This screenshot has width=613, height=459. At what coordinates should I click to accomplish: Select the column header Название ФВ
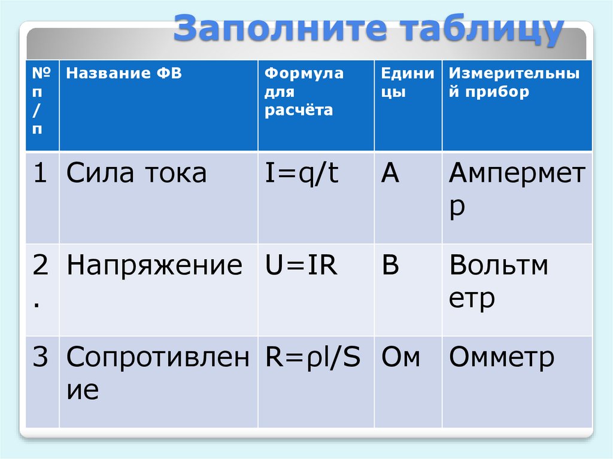(x=124, y=74)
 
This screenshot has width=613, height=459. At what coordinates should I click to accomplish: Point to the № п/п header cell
(x=41, y=102)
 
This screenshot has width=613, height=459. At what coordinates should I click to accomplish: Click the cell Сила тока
(x=136, y=174)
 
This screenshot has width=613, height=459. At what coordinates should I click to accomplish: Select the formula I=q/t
(x=302, y=174)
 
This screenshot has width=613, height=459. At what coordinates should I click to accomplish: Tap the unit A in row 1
(x=390, y=174)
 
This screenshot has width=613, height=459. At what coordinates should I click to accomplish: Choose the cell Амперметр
(x=517, y=190)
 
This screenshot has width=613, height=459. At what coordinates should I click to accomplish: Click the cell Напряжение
(x=154, y=265)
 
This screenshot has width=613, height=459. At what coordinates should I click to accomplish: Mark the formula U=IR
(x=302, y=265)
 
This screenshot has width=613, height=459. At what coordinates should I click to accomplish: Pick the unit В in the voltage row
(x=390, y=265)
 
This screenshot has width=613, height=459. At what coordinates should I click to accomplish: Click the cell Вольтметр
(x=498, y=282)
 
